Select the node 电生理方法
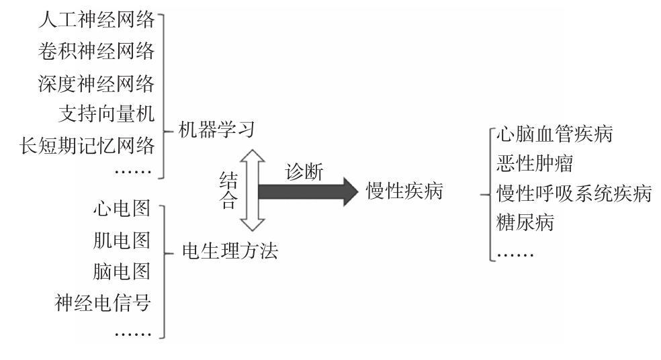(x=230, y=251)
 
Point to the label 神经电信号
(x=103, y=304)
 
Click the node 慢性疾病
(x=404, y=191)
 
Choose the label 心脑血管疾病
(x=554, y=134)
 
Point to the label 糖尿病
(x=525, y=223)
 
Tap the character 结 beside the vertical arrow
(x=228, y=179)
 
